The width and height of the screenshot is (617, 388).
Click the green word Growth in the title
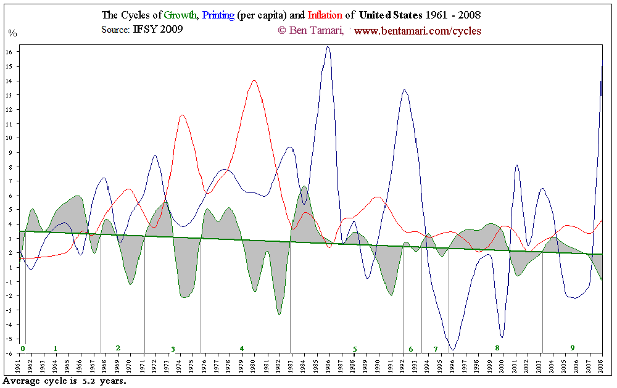coord(180,15)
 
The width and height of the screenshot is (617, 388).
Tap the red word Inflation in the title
coord(325,15)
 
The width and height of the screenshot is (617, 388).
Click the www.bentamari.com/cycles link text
coord(418,30)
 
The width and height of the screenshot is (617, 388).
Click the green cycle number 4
coord(242,349)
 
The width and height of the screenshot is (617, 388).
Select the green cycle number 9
coord(572,348)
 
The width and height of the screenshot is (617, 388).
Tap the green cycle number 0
coord(22,349)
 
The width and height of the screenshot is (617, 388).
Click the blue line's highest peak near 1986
coord(328,47)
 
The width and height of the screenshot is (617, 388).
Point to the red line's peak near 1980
coord(254,80)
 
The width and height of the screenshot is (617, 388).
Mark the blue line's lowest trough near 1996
coord(453,350)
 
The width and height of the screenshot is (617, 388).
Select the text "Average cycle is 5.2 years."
coord(64,381)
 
